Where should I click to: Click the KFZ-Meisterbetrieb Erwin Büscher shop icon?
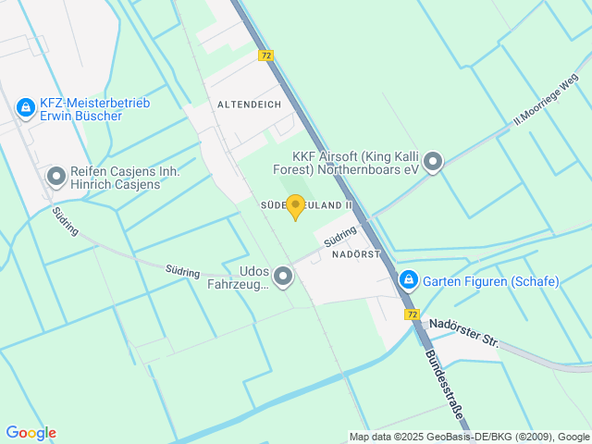(x=25, y=110)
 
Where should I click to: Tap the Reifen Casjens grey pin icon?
(x=56, y=174)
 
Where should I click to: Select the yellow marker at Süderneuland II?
(x=295, y=206)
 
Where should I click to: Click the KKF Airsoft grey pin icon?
(x=432, y=163)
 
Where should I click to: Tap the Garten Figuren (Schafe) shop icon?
(x=408, y=279)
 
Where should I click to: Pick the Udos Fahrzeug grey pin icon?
(x=283, y=276)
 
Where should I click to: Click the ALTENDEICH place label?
(x=249, y=105)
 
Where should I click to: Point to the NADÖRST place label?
(x=356, y=253)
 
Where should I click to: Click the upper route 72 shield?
(x=266, y=55)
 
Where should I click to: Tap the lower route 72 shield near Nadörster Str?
(x=412, y=314)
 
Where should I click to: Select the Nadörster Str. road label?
(x=464, y=333)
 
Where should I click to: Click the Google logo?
(x=31, y=432)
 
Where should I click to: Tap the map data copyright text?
(x=469, y=437)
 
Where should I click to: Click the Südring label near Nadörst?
(x=340, y=236)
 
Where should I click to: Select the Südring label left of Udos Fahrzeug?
(x=182, y=271)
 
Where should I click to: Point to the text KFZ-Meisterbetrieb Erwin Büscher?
(x=94, y=110)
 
